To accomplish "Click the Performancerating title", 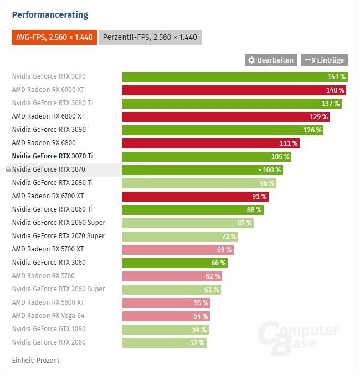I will tap(50, 15).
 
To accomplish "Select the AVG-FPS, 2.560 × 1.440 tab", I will tap(54, 37).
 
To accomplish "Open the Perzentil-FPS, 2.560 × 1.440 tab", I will tap(150, 37).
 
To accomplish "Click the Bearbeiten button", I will tap(270, 60).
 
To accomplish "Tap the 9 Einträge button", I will tap(324, 60).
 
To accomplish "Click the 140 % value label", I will tap(335, 90).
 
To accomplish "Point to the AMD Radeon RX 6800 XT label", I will tap(48, 116).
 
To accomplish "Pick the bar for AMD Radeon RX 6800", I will tap(211, 143).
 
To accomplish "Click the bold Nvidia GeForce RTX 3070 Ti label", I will tap(53, 156).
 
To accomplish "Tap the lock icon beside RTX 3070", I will tap(8, 169).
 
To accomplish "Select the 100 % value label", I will tap(271, 169).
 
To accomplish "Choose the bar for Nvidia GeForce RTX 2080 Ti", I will tap(199, 183).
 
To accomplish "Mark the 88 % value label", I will tap(254, 209).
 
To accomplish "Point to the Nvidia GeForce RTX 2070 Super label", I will tap(58, 236).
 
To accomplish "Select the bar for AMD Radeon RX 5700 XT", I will tap(178, 249).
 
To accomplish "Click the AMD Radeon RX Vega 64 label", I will tap(48, 316).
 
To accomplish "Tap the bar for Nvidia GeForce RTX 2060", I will tap(164, 342).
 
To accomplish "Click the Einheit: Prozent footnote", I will tap(35, 360).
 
